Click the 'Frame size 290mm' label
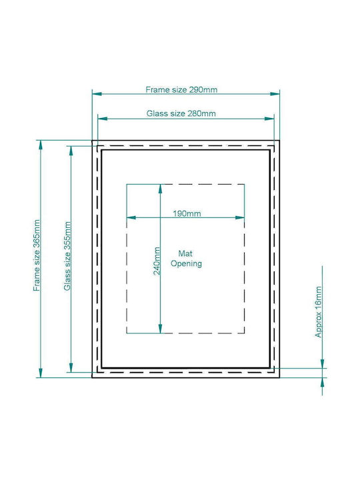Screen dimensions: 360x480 coord(181,90)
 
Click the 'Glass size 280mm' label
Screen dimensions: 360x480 coord(181,113)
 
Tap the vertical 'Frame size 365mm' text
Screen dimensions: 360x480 coord(37,255)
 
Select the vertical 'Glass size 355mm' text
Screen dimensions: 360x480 coord(67,256)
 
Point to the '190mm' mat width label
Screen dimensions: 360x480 coord(187,213)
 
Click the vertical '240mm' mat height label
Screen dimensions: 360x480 coord(157,261)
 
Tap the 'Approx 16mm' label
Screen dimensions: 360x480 coord(319,311)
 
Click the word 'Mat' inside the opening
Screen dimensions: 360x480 coord(185,253)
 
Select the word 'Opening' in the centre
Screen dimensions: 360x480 coord(186,264)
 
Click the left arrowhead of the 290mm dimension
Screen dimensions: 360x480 coord(97,94)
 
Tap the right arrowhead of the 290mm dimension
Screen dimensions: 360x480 coord(275,94)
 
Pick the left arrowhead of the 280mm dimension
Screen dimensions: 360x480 coord(103,119)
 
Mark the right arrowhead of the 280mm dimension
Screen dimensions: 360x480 coord(269,119)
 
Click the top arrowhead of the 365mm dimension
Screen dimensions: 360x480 coord(41,145)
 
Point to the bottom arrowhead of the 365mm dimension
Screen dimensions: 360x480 coord(41,373)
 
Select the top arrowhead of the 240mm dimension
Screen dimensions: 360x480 coord(160,189)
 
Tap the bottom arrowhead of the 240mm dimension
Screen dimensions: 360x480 coord(160,329)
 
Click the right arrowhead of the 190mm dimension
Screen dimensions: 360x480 coord(240,217)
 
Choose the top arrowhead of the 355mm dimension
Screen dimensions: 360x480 coord(71,151)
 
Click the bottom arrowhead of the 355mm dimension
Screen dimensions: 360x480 coord(71,367)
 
